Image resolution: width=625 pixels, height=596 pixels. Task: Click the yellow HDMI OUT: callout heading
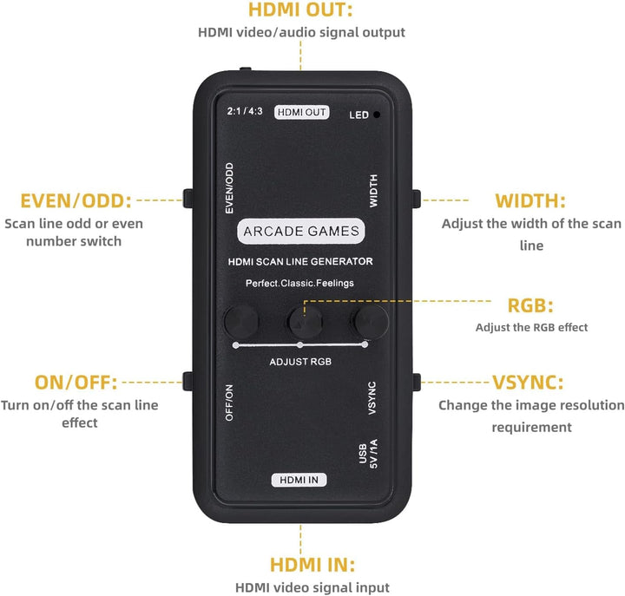[300, 10]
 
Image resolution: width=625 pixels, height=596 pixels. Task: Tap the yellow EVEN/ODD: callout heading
[76, 200]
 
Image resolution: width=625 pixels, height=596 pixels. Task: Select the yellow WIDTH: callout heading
[530, 200]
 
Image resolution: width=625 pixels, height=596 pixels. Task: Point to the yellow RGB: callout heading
[530, 306]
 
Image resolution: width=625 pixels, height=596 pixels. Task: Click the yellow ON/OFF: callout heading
[76, 383]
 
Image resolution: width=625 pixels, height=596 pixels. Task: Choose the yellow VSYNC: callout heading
[528, 383]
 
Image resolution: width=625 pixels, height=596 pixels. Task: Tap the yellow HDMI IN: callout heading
[312, 565]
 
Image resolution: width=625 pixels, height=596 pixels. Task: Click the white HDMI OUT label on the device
[302, 113]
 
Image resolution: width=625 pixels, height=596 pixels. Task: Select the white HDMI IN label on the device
[299, 480]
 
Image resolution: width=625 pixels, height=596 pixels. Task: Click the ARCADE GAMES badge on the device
[301, 231]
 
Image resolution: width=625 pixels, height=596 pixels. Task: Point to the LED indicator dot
[376, 115]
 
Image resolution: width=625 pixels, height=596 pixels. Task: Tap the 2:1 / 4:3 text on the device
[245, 111]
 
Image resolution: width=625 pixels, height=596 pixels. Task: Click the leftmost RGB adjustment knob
[241, 321]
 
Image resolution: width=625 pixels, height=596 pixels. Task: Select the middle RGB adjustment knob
[306, 321]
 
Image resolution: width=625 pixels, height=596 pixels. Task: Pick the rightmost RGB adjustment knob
[371, 321]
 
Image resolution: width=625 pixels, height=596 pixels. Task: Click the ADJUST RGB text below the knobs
[300, 362]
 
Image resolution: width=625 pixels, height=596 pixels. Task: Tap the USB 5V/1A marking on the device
[368, 454]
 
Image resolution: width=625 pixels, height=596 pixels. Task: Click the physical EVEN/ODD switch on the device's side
[187, 199]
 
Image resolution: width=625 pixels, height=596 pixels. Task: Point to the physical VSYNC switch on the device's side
[416, 383]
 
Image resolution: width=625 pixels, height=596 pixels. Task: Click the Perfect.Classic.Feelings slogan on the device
[299, 284]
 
